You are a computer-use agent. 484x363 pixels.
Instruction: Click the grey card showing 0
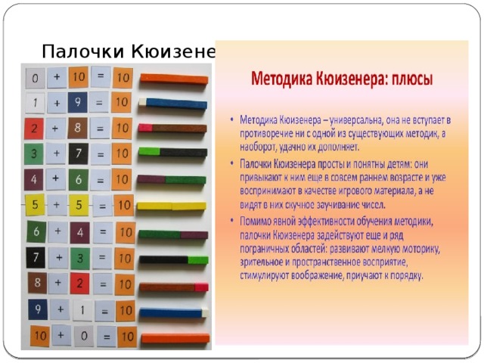pos(34,79)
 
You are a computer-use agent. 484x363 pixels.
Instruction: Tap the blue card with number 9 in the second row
pos(77,101)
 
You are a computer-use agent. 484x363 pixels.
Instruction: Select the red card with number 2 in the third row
pos(33,129)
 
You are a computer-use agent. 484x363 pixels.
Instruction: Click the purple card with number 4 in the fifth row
pos(33,180)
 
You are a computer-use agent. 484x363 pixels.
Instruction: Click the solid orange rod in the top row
pos(172,78)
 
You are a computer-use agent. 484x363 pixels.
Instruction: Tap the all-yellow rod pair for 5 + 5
pos(171,206)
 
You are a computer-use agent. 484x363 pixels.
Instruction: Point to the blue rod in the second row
pos(175,104)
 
